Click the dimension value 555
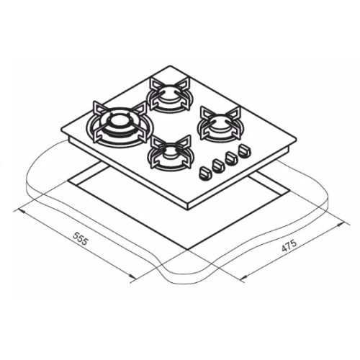point(79,238)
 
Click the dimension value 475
point(289,246)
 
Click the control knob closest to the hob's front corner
point(205,173)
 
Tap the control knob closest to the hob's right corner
point(244,151)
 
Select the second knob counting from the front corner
point(218,166)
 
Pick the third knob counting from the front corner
point(231,158)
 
